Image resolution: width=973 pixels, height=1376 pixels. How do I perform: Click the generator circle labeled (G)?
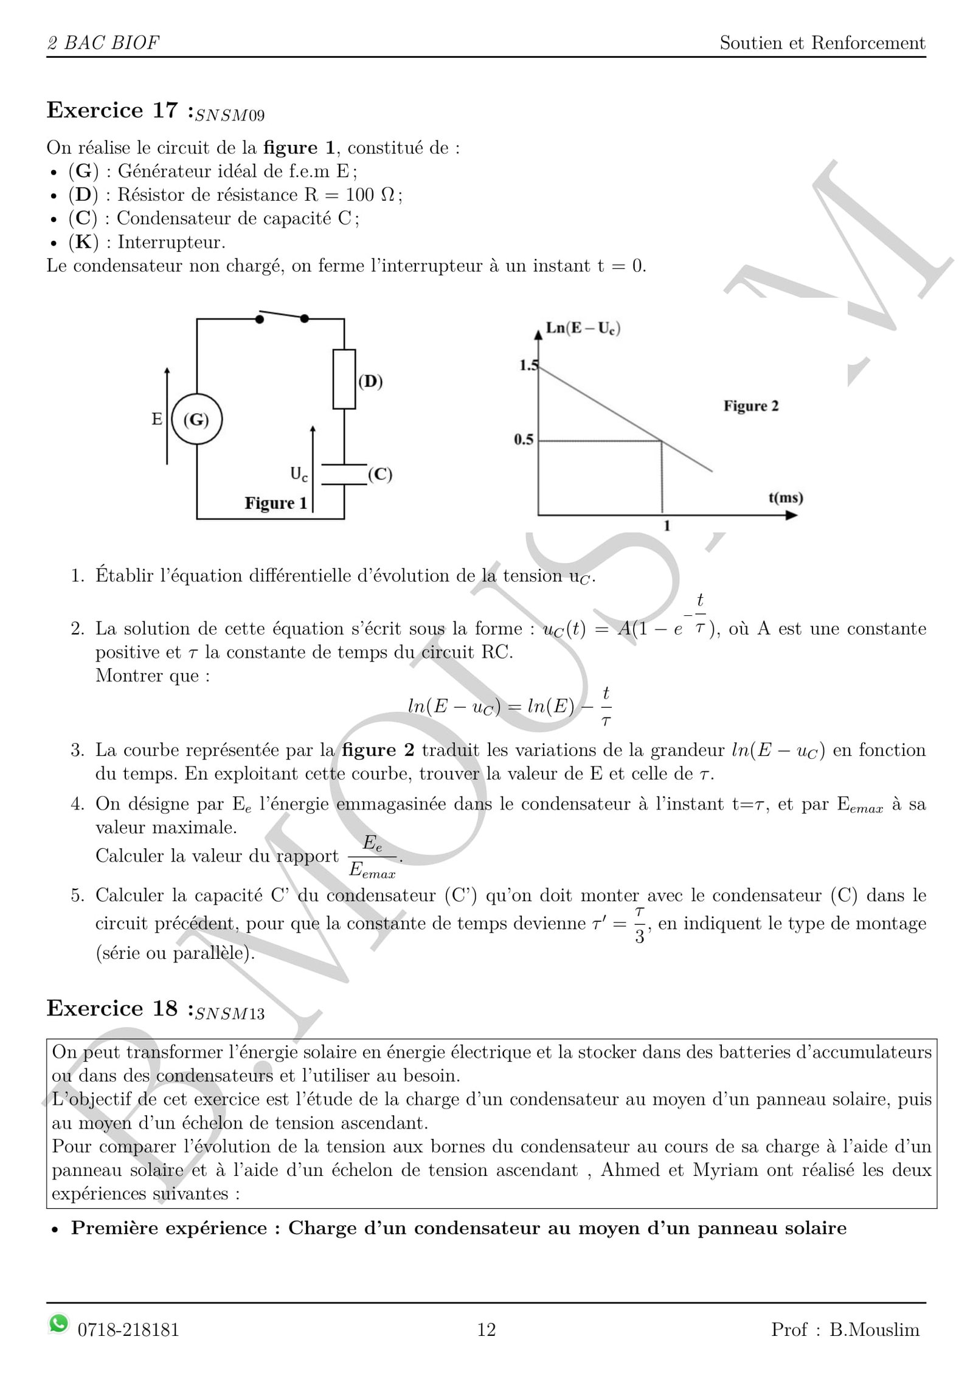click(x=196, y=420)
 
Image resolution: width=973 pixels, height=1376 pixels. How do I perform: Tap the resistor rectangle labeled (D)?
click(x=344, y=379)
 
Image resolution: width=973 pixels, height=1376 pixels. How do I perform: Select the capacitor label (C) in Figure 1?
click(x=380, y=474)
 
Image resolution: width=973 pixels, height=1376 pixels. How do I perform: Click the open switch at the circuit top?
click(x=282, y=316)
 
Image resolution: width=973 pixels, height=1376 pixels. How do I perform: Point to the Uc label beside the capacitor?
click(x=299, y=474)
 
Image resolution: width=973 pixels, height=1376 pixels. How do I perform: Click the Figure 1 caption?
click(x=275, y=503)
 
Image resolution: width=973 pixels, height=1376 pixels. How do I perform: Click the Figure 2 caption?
click(x=751, y=406)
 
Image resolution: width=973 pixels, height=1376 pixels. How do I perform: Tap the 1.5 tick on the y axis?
click(x=528, y=365)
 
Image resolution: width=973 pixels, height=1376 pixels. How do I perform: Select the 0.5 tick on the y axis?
click(x=524, y=439)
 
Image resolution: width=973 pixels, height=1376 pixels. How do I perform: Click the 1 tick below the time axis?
click(x=667, y=526)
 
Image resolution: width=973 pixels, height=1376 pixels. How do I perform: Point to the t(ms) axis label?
click(x=786, y=498)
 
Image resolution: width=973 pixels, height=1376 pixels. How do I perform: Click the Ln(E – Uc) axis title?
click(x=583, y=328)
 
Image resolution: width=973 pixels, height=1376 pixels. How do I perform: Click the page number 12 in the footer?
click(x=486, y=1330)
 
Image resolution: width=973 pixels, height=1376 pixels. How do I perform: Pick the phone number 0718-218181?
click(x=128, y=1330)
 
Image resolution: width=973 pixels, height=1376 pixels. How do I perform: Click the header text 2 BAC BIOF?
click(x=103, y=43)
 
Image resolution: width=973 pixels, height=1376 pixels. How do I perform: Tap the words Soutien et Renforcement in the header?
click(x=822, y=43)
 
